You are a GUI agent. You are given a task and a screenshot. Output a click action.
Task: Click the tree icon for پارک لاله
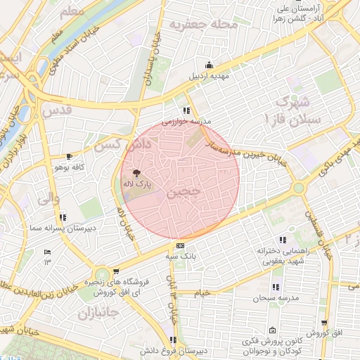[136, 172]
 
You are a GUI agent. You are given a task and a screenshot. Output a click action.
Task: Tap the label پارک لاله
[138, 184]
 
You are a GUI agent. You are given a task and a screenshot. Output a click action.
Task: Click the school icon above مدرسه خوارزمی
[186, 110]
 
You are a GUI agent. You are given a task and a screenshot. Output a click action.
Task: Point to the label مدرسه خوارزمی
[186, 122]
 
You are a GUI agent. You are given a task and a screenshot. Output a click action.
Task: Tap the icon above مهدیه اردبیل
[208, 65]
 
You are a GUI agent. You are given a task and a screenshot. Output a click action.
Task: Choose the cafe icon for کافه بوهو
[69, 156]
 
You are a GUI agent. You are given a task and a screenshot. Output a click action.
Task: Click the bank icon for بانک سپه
[181, 245]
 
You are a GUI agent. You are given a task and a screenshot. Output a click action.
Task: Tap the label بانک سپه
[181, 257]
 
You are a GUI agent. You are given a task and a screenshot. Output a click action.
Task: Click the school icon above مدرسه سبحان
[275, 287]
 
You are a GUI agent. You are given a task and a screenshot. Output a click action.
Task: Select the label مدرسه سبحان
[275, 298]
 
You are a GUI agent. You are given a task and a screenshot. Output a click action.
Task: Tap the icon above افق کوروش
[324, 323]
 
